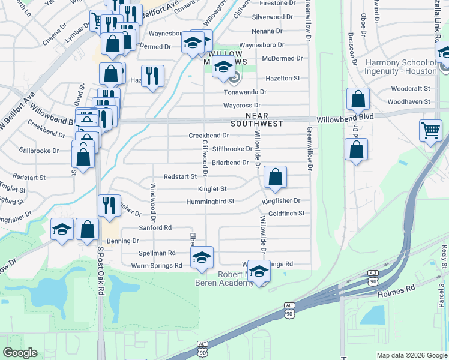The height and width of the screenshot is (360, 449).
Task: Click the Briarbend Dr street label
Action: coord(230,163)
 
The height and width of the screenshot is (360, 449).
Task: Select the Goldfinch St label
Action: coord(286,213)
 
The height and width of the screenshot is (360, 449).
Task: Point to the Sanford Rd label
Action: coord(155,228)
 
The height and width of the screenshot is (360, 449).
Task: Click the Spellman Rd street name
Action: coord(157,253)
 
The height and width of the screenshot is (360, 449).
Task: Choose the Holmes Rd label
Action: coord(396,289)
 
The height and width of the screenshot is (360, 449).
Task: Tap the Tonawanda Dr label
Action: coord(245,92)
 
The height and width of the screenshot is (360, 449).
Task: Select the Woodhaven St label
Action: coord(409,101)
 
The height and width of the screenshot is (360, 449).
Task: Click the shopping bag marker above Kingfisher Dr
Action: coord(275,177)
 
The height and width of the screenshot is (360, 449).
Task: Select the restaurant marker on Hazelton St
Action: coord(152,76)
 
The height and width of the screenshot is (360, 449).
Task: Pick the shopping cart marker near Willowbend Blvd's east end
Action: coord(430,130)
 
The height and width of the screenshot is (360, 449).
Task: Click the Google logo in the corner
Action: coord(20,353)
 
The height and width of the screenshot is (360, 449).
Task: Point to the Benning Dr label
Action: coord(123,241)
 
